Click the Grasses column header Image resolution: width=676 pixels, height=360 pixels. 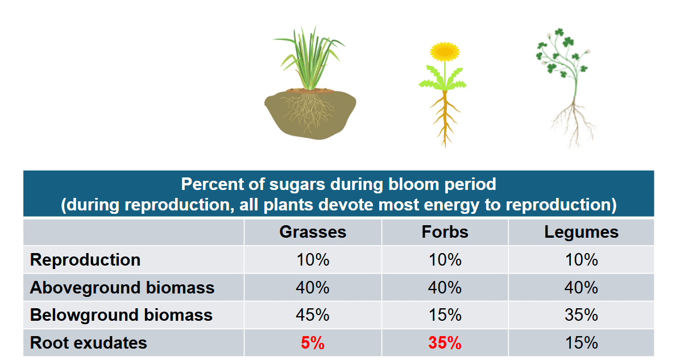pos(312,232)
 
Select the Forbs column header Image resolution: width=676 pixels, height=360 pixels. pos(445,232)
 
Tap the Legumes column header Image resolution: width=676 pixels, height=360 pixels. pos(580,232)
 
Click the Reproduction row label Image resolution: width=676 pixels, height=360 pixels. pos(85,260)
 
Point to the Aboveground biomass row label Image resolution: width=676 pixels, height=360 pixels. pos(122,288)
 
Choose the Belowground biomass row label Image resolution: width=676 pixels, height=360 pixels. pos(121,315)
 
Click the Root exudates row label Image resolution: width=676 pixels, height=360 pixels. pos(88,343)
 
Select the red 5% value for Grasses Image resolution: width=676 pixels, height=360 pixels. pos(312,344)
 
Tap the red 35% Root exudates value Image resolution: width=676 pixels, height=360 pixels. pos(445,344)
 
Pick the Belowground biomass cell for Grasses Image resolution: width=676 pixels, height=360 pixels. pos(312,315)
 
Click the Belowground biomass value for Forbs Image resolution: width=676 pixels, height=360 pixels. pos(445,315)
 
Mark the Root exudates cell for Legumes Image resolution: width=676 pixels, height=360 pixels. pos(580,343)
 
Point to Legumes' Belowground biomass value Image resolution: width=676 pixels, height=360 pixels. pos(580,315)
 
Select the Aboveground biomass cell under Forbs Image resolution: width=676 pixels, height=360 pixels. pos(445,288)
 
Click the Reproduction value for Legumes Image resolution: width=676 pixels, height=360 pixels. pos(580,260)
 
